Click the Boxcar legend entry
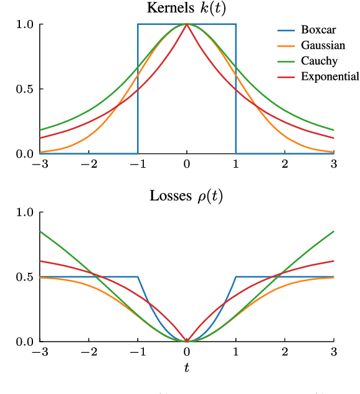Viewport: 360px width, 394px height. click(x=317, y=30)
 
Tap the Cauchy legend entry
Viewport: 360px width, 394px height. click(x=319, y=61)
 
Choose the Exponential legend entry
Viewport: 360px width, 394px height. click(x=329, y=77)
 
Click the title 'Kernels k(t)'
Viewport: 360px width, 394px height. click(x=186, y=8)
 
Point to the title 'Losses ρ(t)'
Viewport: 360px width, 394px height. click(x=186, y=196)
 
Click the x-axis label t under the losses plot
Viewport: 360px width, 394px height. click(x=187, y=368)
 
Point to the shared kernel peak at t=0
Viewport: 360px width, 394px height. click(x=187, y=24)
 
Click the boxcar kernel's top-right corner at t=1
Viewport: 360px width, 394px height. click(x=236, y=24)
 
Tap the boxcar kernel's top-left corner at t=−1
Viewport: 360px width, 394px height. click(x=138, y=24)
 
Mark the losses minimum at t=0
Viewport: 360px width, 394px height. click(x=187, y=341)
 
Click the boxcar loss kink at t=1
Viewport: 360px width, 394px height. click(x=236, y=277)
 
